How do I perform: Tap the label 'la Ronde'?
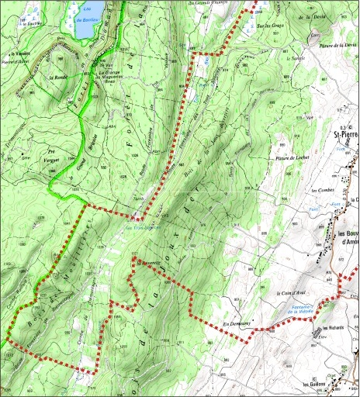58,78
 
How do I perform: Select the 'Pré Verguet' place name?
54,154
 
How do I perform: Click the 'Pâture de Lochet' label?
289,159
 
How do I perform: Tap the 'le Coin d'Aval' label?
289,293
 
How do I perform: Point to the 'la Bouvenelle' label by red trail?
149,262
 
